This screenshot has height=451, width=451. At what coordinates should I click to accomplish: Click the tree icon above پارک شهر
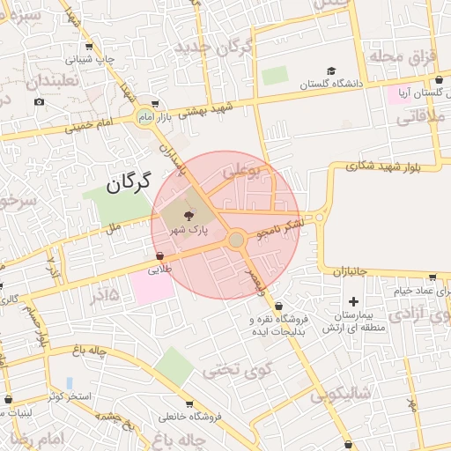tap(188, 215)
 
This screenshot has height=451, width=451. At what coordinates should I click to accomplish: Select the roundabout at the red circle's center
tap(236, 240)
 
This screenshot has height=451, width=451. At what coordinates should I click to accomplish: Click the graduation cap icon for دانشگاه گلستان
tap(331, 71)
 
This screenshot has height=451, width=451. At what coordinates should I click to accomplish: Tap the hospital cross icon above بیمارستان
tap(353, 302)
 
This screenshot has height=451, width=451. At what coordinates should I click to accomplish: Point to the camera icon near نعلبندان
tap(39, 102)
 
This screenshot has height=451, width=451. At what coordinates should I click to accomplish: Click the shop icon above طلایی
tap(159, 256)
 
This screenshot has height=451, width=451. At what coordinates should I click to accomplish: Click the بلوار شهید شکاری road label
tap(371, 165)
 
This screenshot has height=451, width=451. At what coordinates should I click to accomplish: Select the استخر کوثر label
tap(71, 396)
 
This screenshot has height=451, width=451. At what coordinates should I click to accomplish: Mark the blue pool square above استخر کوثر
tap(69, 382)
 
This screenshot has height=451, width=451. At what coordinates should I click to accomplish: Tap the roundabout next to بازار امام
tap(145, 116)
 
